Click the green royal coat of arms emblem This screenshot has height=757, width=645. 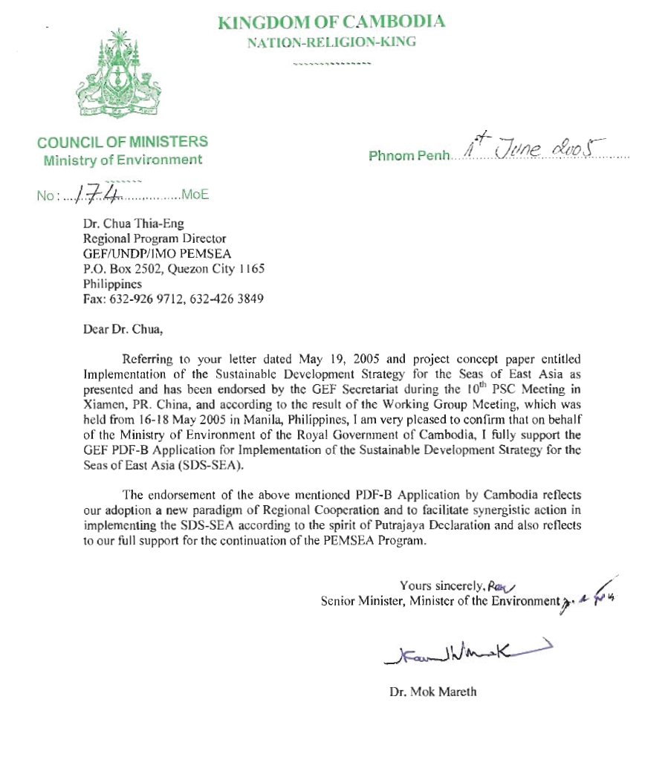(119, 74)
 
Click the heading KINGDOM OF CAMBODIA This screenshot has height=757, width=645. (331, 22)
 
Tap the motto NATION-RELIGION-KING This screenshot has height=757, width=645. (331, 42)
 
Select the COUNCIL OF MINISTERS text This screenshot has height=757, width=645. (123, 142)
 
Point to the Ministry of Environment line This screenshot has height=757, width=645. (123, 160)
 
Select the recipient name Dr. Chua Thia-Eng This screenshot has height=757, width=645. (129, 223)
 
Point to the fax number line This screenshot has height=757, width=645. (172, 299)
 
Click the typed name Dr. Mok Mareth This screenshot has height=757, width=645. (433, 692)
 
